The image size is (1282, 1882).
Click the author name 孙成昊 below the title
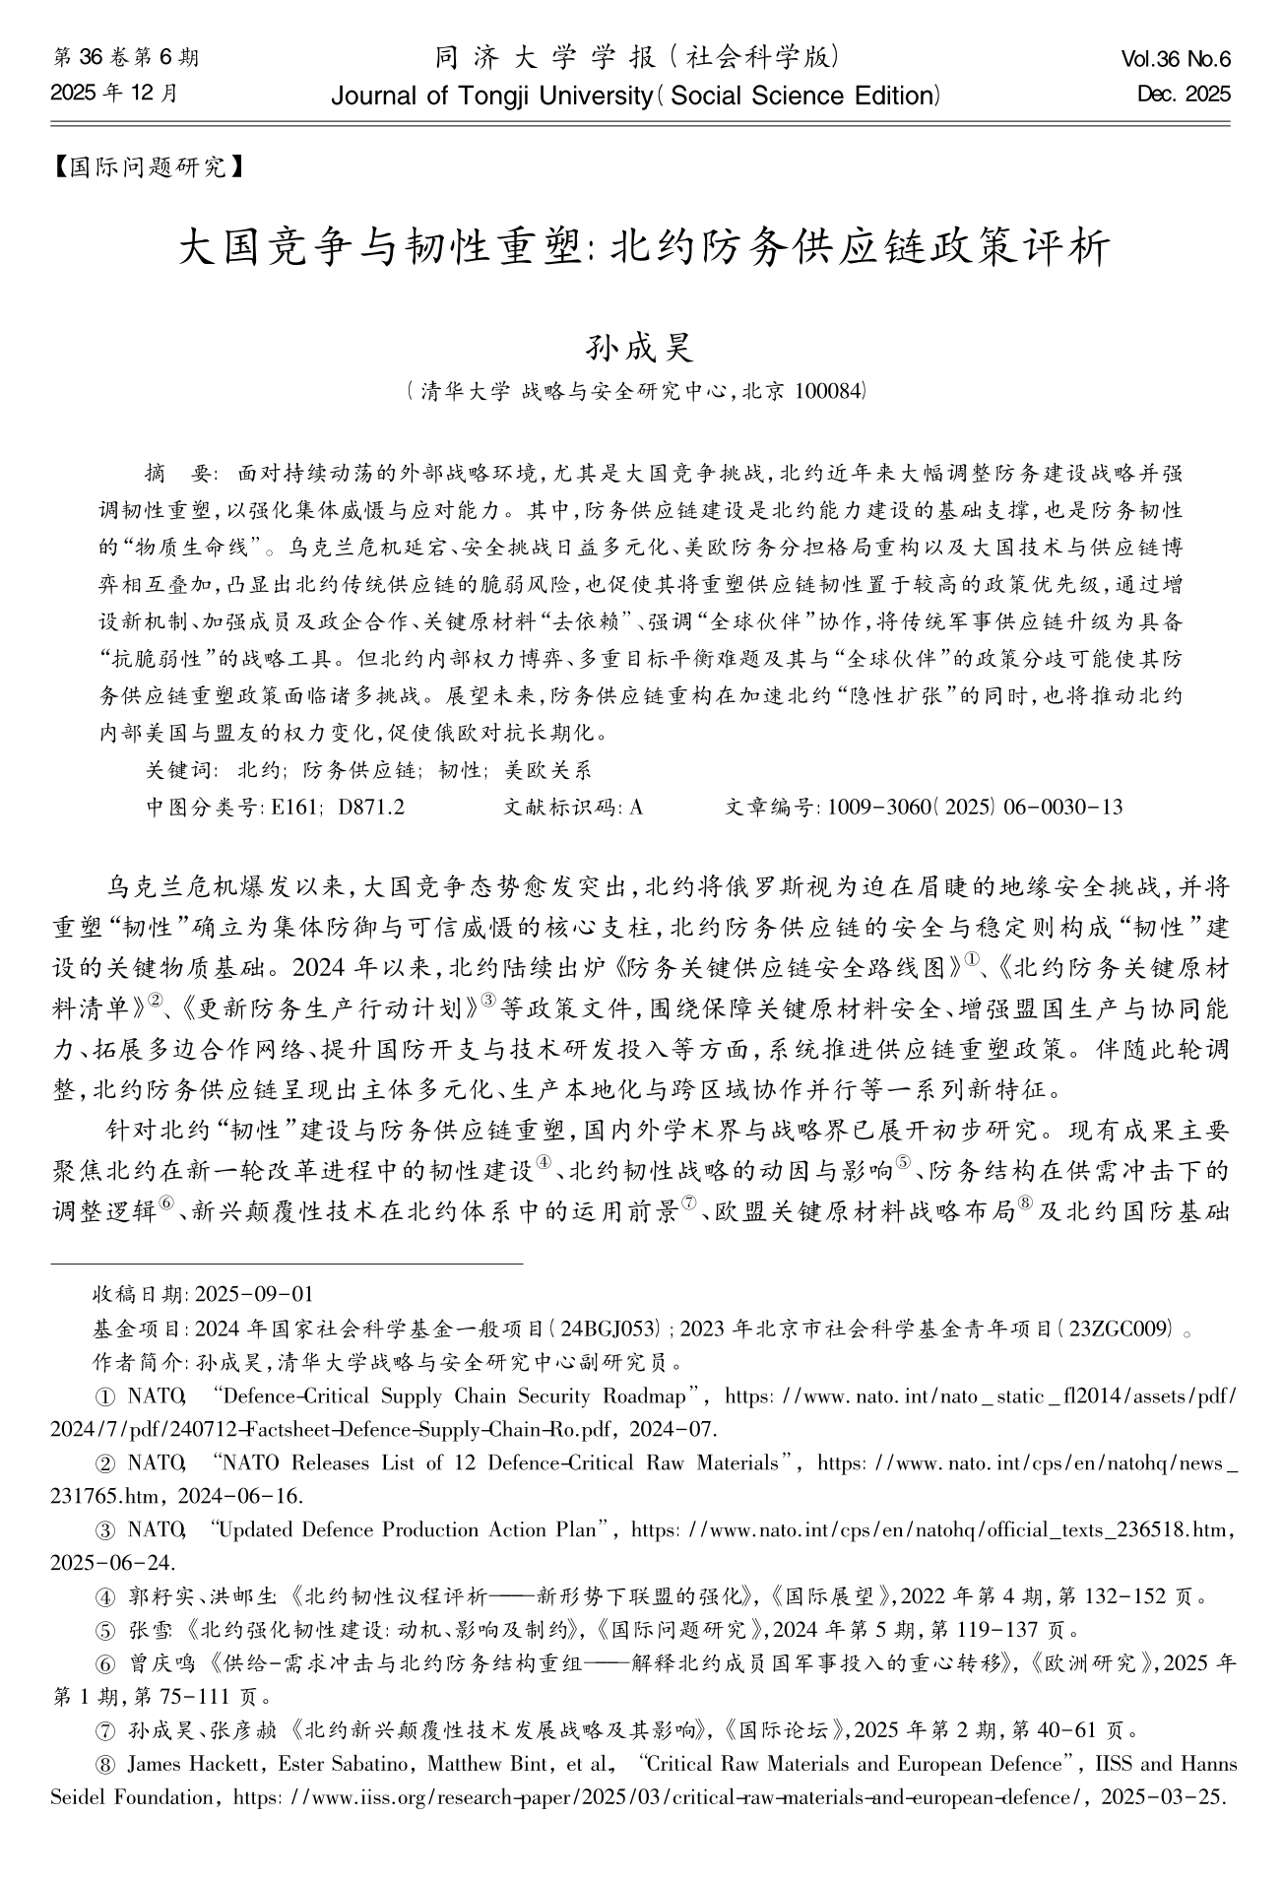[x=640, y=347]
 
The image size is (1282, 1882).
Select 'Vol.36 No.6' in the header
[x=1176, y=60]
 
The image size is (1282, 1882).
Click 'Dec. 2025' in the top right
[x=1184, y=96]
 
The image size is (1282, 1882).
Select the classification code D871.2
[x=371, y=808]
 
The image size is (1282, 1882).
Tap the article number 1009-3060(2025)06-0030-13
[x=975, y=808]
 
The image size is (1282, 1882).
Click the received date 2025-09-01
[x=255, y=1294]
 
